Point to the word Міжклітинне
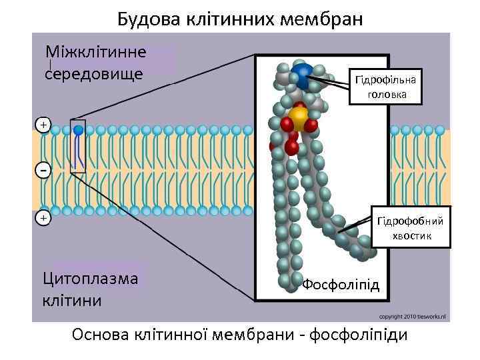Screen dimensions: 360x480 point(96,51)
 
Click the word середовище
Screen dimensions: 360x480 point(93,72)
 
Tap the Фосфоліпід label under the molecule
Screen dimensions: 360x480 point(341,285)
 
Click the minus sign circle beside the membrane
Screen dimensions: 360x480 point(43,171)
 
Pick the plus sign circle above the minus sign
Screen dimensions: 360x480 point(43,125)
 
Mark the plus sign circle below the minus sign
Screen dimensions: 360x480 point(43,217)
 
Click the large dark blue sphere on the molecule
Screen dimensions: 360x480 point(303,76)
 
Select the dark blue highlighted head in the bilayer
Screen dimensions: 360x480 point(79,130)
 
